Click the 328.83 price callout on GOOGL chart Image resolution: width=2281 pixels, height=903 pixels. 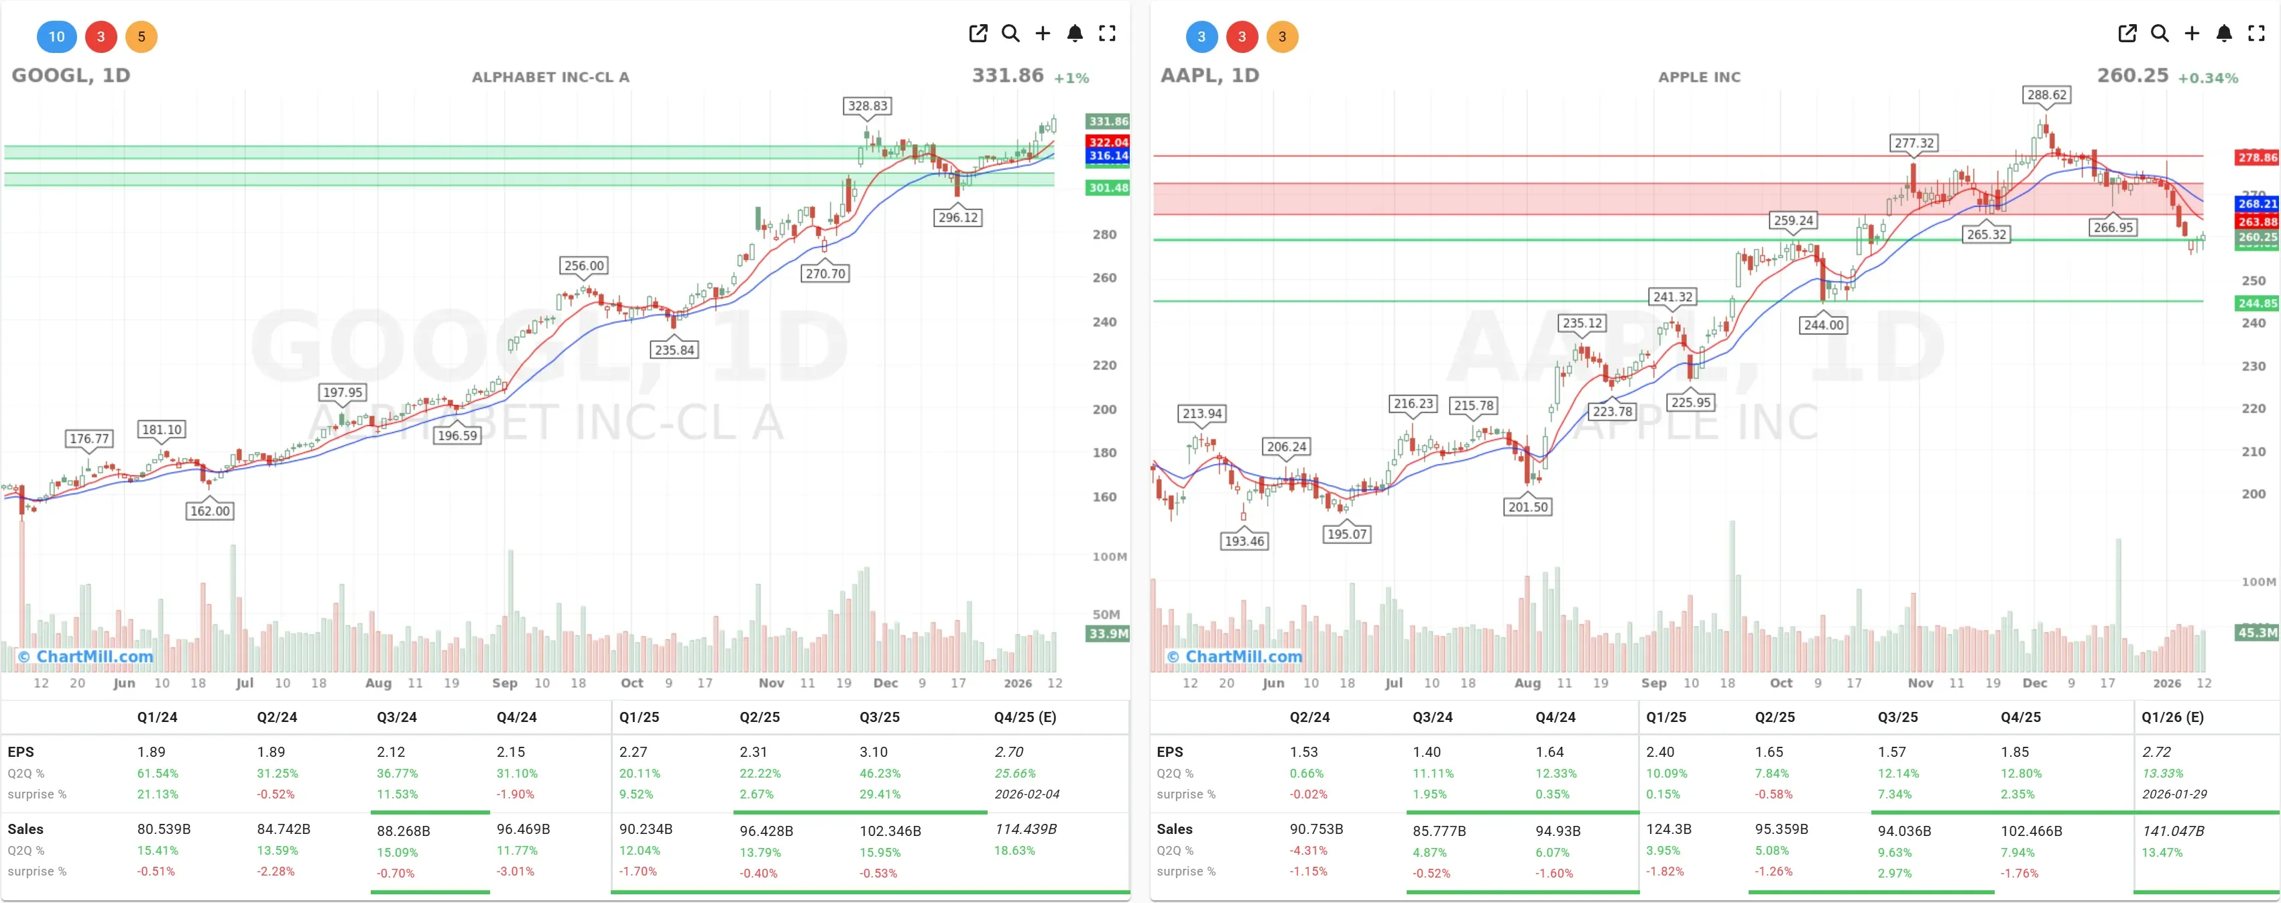[867, 106]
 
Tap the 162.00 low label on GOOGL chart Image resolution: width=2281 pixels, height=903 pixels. [210, 511]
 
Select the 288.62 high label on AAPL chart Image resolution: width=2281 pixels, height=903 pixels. [2046, 95]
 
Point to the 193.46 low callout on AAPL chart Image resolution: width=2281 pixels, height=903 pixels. [1244, 541]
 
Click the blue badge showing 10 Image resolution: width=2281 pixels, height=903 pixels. [57, 36]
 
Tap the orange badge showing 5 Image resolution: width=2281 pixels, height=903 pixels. [141, 36]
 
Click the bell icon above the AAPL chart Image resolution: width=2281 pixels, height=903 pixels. [2223, 34]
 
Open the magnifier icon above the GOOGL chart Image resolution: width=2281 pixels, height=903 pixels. [1010, 34]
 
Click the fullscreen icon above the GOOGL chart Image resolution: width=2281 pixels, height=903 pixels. [1107, 34]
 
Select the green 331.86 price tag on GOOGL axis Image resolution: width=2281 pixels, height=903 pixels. [1108, 121]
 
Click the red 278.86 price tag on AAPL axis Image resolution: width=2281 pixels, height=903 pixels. [2257, 158]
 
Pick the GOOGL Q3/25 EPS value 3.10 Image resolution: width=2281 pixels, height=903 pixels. [873, 751]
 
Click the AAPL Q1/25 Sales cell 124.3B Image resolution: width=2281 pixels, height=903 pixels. [1668, 829]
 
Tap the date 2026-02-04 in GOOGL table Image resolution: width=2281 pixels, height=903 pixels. [1027, 794]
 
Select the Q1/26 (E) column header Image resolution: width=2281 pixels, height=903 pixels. [2172, 717]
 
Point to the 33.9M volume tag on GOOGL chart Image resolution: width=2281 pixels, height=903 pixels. [1108, 634]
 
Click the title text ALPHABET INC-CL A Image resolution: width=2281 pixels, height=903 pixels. [550, 77]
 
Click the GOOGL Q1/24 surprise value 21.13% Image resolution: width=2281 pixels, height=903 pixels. [158, 794]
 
